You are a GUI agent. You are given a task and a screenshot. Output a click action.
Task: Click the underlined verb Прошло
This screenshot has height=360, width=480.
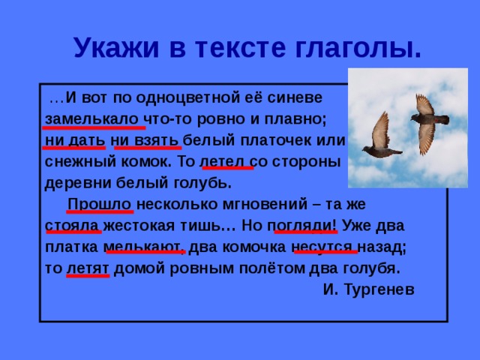click(100, 204)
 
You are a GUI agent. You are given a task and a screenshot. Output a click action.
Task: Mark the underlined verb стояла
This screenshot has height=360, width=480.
click(73, 225)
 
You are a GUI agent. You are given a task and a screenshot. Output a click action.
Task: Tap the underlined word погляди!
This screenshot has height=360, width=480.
click(304, 225)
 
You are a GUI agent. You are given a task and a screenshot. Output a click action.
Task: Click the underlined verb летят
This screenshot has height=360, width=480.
click(88, 268)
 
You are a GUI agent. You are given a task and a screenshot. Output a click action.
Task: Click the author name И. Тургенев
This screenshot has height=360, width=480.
click(368, 289)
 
